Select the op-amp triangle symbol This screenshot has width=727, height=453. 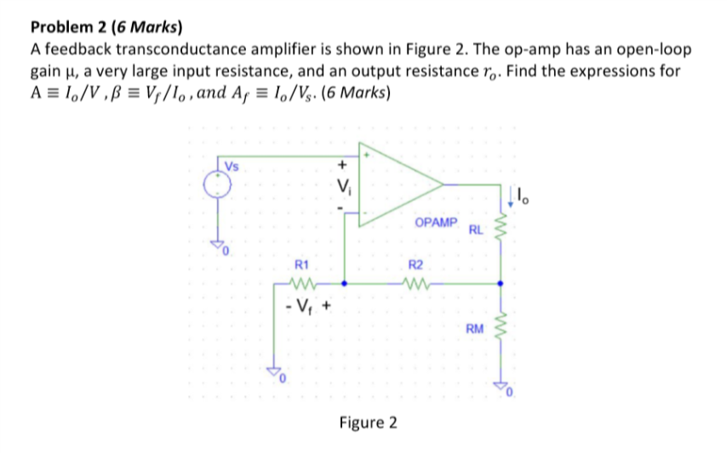coord(395,185)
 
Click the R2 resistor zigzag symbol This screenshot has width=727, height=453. coord(417,283)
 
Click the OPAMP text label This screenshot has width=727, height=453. coord(435,222)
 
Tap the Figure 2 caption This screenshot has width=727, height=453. coord(368,422)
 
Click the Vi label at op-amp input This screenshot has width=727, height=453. coord(343,186)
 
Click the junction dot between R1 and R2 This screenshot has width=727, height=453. coord(344,283)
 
